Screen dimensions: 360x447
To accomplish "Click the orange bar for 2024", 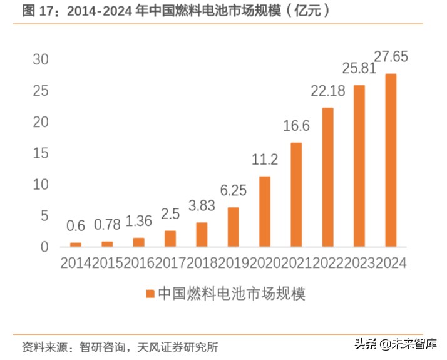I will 391,160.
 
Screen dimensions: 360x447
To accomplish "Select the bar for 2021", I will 296,195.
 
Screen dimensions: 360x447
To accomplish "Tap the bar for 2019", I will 233,227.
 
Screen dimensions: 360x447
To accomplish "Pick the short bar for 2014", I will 76,244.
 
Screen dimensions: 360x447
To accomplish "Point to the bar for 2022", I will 327,177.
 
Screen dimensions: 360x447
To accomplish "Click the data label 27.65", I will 391,57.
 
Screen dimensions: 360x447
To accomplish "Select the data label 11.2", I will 265,160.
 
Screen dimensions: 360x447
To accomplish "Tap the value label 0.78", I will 108,224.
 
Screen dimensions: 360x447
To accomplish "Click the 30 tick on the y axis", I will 40,59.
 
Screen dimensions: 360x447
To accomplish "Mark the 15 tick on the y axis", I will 40,153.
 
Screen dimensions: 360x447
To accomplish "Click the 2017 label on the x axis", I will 170,263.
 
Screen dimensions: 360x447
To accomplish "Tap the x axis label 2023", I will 359,263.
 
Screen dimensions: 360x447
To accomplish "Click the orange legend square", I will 150,293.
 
